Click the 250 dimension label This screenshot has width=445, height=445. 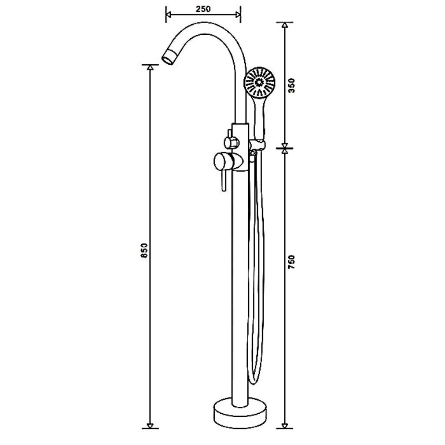point(203,9)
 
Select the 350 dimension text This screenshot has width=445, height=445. point(292,85)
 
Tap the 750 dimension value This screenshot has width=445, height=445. point(292,262)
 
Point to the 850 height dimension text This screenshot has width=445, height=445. point(144,250)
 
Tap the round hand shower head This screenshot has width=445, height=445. point(259,83)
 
